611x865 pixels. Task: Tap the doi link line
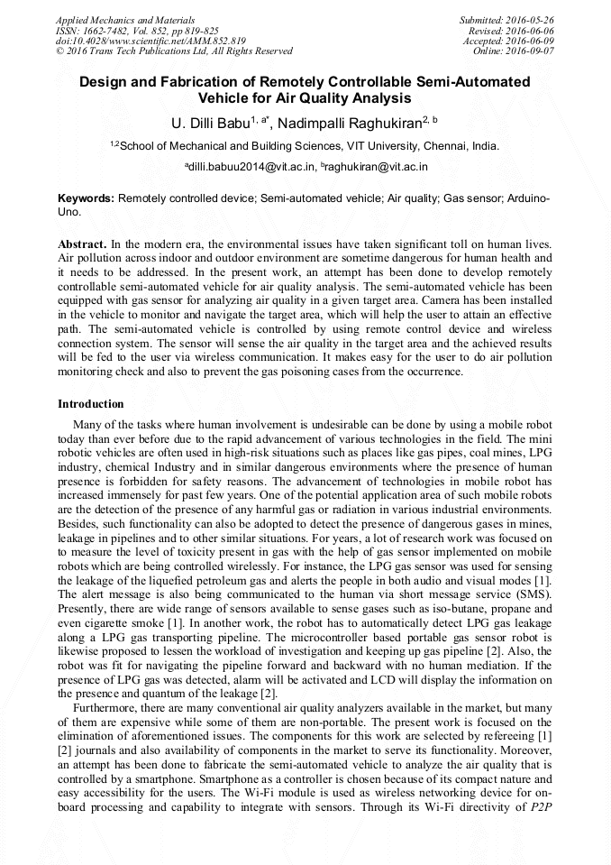click(x=150, y=41)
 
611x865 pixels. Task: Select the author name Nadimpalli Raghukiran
click(x=351, y=123)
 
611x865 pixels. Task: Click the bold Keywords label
click(x=87, y=198)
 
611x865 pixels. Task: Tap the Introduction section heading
click(x=91, y=403)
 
